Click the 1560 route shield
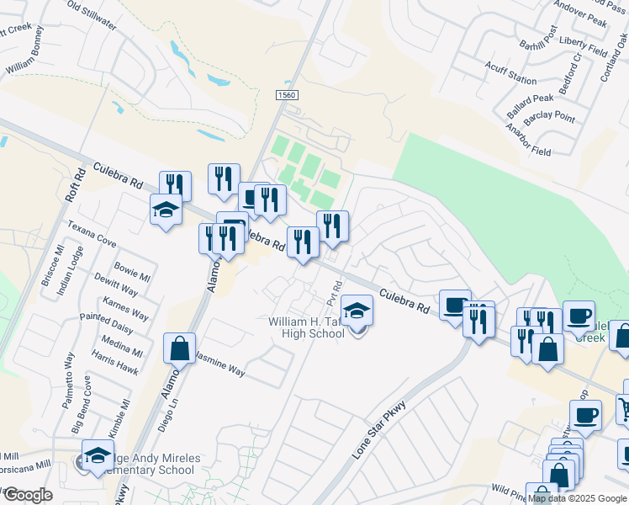coord(287,95)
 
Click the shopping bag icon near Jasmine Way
coord(180,347)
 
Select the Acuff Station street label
coord(510,73)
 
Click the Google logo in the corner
coord(27,494)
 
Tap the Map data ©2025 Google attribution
coord(577,498)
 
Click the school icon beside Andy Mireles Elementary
coord(98,454)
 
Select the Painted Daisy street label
coord(106,326)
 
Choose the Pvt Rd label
coord(333,294)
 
